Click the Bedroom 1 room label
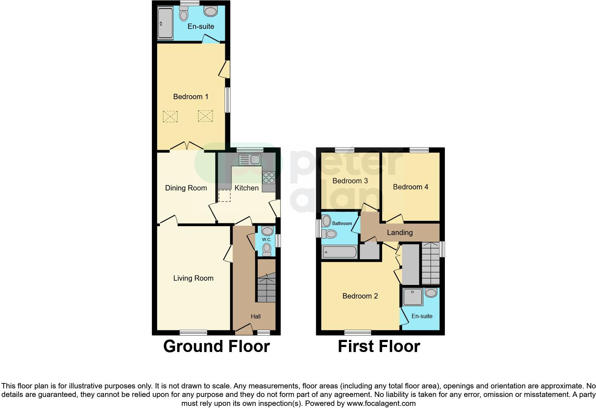(190, 97)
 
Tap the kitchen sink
(250, 160)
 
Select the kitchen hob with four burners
(269, 178)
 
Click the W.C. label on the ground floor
(267, 240)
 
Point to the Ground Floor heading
(216, 346)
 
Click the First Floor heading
(379, 346)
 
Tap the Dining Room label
(186, 188)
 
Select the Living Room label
(193, 278)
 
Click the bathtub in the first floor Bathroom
(339, 252)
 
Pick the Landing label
(400, 233)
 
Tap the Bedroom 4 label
(410, 187)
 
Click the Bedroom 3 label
(350, 181)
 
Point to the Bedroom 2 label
(360, 296)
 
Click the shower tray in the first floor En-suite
(413, 297)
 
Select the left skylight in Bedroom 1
(170, 116)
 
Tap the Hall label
(256, 316)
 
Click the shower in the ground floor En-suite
(165, 24)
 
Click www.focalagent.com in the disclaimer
(381, 403)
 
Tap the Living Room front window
(193, 333)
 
